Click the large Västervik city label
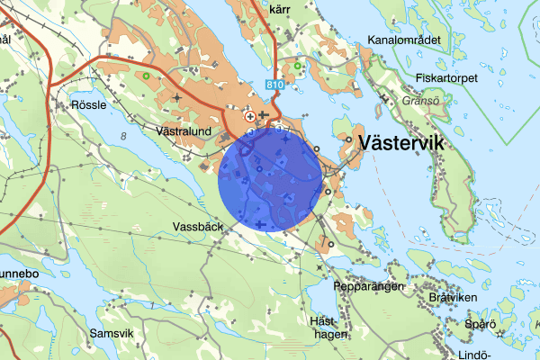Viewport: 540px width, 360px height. (401, 142)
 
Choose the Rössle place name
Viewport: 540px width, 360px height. (87, 104)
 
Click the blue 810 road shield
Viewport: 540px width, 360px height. (276, 84)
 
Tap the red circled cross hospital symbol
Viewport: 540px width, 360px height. (250, 116)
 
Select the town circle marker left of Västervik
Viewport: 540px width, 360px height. (348, 140)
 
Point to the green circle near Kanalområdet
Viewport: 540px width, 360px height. (297, 66)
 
